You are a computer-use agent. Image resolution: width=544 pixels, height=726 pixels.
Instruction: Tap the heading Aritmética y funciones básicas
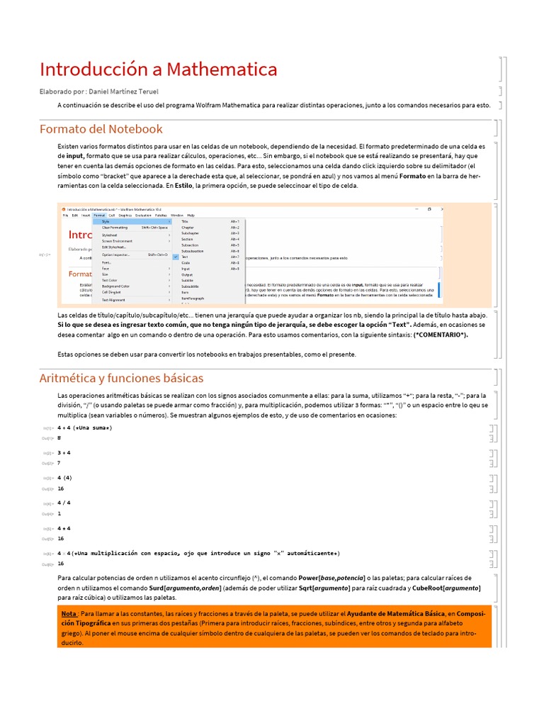click(x=121, y=378)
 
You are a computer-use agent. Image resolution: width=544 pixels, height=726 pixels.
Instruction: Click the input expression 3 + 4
click(x=64, y=452)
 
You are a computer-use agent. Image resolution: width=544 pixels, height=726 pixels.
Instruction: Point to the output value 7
click(x=59, y=463)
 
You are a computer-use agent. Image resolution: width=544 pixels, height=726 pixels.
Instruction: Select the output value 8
click(x=59, y=438)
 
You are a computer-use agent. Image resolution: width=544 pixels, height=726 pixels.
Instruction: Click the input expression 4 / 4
click(x=64, y=503)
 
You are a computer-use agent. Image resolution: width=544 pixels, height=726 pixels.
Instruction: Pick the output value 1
click(x=59, y=513)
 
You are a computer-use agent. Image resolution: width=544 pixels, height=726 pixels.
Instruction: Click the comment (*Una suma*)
click(x=92, y=428)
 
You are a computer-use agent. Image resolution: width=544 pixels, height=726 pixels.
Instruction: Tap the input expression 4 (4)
click(x=65, y=478)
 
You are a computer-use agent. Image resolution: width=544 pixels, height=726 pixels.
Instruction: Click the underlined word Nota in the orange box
click(x=69, y=613)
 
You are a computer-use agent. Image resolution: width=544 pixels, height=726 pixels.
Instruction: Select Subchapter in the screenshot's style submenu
click(x=191, y=233)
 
